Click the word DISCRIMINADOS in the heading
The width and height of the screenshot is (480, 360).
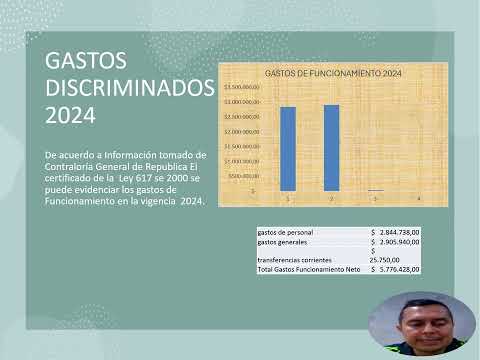(130, 88)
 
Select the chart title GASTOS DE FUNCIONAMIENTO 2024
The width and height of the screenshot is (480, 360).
(333, 74)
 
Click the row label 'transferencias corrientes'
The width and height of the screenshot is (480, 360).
(292, 260)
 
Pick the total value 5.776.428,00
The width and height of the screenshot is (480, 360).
(399, 269)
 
